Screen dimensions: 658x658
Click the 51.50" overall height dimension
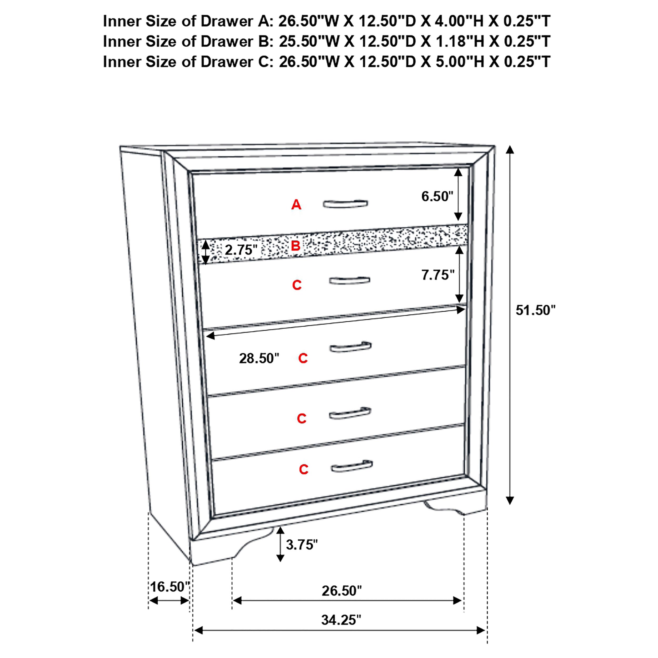click(x=535, y=310)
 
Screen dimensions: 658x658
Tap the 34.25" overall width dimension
click(x=341, y=620)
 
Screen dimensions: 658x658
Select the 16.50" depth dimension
click(x=170, y=587)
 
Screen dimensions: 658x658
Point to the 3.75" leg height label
click(x=301, y=545)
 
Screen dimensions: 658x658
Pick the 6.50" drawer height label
click(x=437, y=197)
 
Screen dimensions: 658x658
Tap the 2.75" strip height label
click(x=241, y=250)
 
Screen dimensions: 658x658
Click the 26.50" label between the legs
click(x=342, y=591)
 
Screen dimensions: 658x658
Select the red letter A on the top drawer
click(x=296, y=205)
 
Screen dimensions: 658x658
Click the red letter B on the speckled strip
click(x=295, y=246)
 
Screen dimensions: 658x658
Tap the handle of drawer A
click(x=345, y=204)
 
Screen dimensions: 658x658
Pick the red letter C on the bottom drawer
click(x=303, y=469)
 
